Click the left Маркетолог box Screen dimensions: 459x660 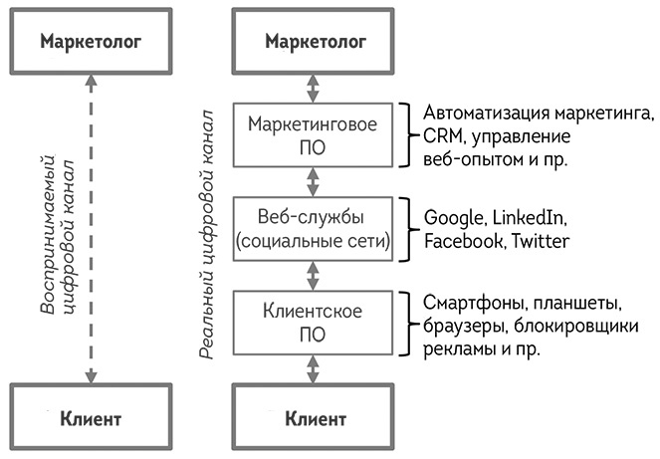coord(90,42)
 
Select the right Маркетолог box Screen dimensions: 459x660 coord(316,42)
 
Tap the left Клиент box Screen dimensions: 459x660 coord(90,417)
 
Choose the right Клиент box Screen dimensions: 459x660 coord(316,417)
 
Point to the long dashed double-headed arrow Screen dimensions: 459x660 coord(90,229)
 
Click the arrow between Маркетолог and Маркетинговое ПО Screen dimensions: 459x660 coord(316,87)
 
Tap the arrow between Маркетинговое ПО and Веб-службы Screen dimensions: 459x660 coord(316,181)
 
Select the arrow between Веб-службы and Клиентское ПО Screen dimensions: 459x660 coord(316,275)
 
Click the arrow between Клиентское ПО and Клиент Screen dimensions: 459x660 coord(316,369)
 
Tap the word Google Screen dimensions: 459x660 coord(453,217)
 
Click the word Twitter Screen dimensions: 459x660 coord(541,242)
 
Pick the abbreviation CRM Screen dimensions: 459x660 coord(442,135)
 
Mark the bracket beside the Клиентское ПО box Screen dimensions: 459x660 coord(404,323)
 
